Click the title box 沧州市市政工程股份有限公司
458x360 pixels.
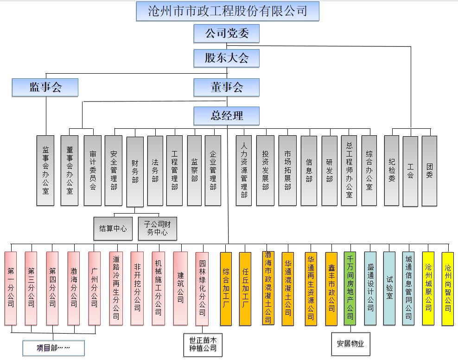click(x=228, y=11)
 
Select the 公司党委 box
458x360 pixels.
click(x=226, y=33)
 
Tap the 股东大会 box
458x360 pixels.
click(x=226, y=58)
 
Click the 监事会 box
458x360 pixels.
click(x=45, y=87)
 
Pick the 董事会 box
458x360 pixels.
click(x=226, y=87)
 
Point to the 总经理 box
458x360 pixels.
click(x=226, y=116)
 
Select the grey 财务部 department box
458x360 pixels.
click(x=135, y=172)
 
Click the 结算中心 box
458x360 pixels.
click(x=113, y=228)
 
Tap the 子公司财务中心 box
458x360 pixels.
click(x=158, y=228)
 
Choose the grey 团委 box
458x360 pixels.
click(x=429, y=171)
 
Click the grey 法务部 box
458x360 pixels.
click(x=155, y=171)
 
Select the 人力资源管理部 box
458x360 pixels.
click(x=244, y=171)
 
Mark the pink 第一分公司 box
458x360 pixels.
click(x=11, y=288)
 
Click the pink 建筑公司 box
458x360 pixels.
click(x=180, y=288)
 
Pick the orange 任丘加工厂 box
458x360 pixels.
click(x=245, y=289)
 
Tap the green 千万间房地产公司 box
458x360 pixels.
click(x=350, y=288)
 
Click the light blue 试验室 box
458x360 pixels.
click(x=389, y=288)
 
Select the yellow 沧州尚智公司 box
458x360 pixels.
click(x=447, y=289)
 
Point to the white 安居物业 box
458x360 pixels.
click(x=350, y=344)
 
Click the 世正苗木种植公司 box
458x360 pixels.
click(x=203, y=345)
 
